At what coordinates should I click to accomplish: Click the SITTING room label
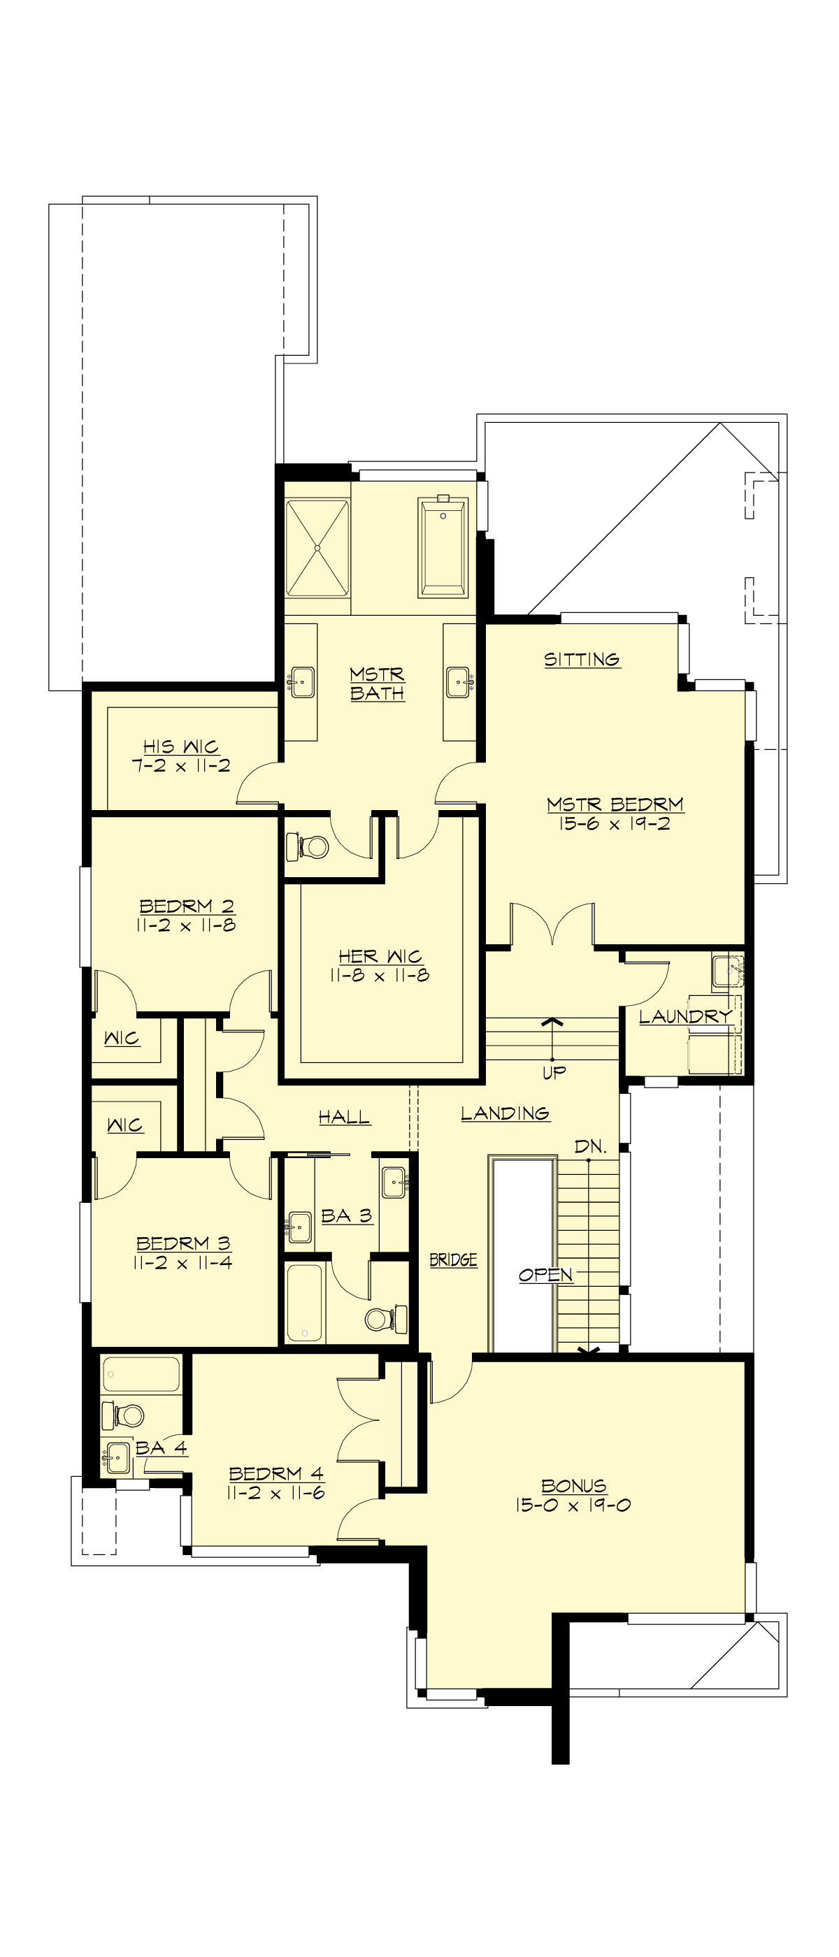click(582, 658)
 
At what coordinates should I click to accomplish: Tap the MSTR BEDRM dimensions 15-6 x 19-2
click(614, 823)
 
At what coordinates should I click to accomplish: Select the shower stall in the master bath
click(317, 547)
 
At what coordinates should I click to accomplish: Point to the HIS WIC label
click(181, 746)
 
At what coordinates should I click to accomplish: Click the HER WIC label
click(379, 955)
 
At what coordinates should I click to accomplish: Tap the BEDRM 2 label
click(186, 906)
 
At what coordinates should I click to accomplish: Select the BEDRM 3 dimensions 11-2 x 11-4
click(182, 1263)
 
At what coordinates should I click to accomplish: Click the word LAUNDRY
click(684, 1016)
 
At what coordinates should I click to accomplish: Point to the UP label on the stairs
click(554, 1072)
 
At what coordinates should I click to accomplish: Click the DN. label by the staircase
click(591, 1146)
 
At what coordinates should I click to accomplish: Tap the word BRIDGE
click(453, 1259)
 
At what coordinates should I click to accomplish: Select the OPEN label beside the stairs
click(545, 1274)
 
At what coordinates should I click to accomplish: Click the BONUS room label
click(574, 1485)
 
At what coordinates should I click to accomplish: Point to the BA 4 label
click(161, 1447)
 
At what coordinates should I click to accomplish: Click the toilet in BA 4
click(128, 1415)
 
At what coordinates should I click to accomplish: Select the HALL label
click(344, 1116)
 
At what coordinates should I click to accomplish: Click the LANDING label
click(505, 1113)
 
